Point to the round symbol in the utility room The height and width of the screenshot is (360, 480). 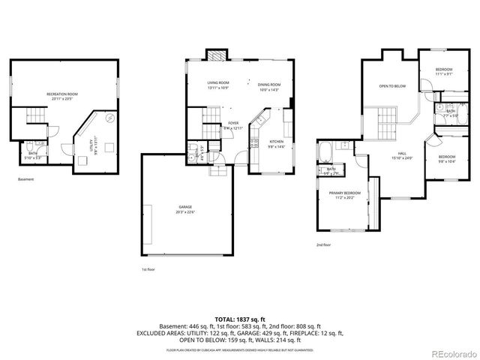click(109, 118)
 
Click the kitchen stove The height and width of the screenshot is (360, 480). click(256, 138)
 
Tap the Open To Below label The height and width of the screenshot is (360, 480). click(391, 86)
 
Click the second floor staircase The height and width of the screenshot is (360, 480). click(386, 119)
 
